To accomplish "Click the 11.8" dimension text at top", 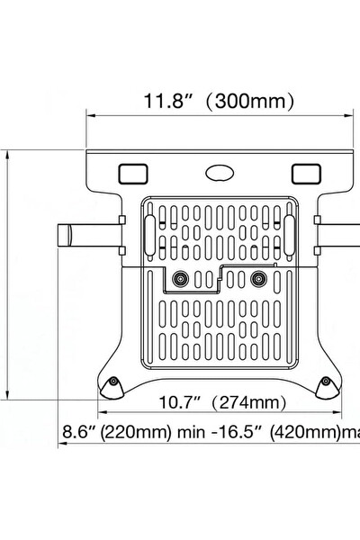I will pyautogui.click(x=167, y=101).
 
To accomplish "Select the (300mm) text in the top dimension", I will pyautogui.click(x=247, y=101).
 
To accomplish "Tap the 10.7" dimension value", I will pyautogui.click(x=183, y=402).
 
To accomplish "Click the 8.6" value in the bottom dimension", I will pyautogui.click(x=78, y=431).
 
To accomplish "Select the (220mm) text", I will pyautogui.click(x=135, y=431).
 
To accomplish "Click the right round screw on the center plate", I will pyautogui.click(x=260, y=278).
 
